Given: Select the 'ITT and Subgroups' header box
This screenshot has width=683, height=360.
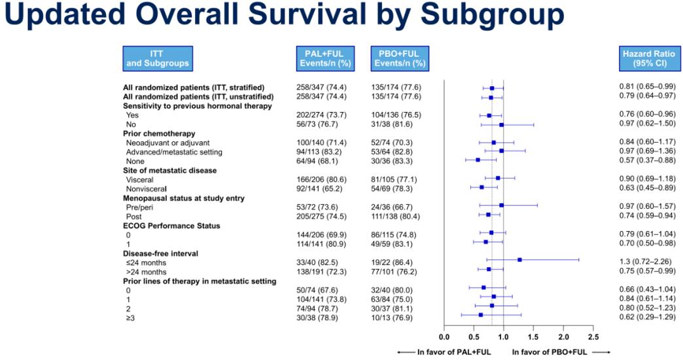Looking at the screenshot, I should [157, 59].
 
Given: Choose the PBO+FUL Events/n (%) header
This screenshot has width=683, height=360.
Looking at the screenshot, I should [400, 59].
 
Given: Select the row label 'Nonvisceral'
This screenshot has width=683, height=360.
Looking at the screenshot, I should [147, 189].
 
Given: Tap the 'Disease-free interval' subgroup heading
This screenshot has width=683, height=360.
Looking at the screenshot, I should [161, 253].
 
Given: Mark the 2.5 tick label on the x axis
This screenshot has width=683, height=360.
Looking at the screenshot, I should [593, 337].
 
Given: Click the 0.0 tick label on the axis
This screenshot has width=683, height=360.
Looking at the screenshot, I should [444, 337].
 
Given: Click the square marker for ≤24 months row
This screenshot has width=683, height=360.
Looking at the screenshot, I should [519, 260].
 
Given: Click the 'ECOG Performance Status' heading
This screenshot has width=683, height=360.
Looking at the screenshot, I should [172, 225].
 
